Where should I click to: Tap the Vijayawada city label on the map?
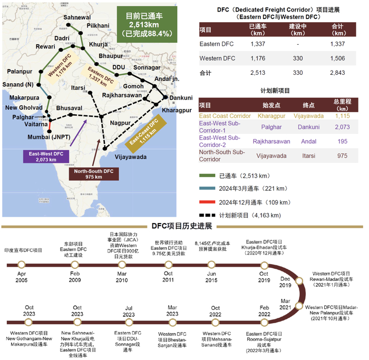131,156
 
